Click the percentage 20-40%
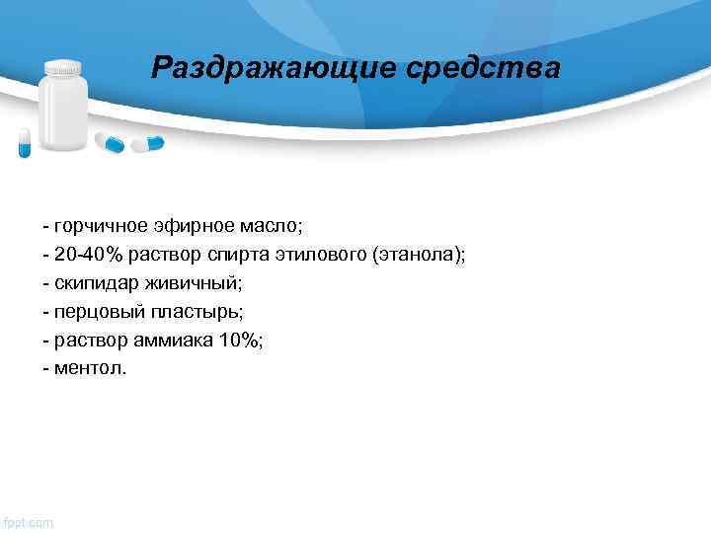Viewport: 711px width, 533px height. tap(89, 255)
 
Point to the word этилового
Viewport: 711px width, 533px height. tap(320, 255)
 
